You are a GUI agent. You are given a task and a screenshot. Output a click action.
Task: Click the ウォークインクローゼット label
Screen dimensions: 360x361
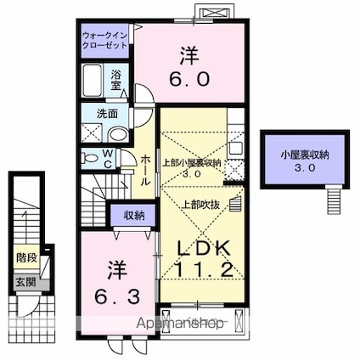(104, 40)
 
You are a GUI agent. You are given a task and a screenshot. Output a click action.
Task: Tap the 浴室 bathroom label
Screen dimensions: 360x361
(116, 80)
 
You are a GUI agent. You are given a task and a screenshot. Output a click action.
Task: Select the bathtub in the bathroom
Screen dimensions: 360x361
(93, 81)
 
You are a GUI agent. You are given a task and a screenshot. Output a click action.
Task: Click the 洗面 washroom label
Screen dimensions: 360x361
(107, 114)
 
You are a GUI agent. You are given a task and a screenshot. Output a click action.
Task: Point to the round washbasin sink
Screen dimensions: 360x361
(119, 134)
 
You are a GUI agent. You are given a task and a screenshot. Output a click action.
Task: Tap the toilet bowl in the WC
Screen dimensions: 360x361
(89, 158)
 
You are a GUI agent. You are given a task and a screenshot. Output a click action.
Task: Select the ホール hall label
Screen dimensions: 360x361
(145, 170)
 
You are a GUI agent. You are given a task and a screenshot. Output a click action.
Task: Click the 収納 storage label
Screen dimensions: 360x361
(134, 216)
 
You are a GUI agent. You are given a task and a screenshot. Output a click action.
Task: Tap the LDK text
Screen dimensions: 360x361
(203, 248)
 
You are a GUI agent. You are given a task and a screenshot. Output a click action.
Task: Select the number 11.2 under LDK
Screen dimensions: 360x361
(204, 270)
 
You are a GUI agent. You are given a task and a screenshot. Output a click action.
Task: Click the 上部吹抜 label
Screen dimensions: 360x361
(201, 205)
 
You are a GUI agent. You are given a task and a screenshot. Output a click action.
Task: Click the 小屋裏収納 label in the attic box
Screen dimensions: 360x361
(305, 155)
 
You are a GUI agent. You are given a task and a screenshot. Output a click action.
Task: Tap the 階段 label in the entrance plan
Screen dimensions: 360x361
(26, 258)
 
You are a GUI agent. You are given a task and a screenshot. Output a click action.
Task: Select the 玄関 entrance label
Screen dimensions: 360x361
(25, 282)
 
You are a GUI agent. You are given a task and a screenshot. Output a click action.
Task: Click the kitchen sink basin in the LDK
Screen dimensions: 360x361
(235, 148)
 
